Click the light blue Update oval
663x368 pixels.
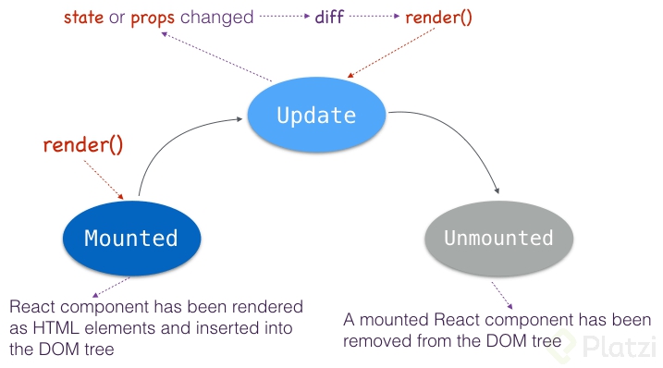[316, 116]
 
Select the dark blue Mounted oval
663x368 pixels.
[130, 238]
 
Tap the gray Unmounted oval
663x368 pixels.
[498, 238]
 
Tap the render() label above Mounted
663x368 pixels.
[83, 145]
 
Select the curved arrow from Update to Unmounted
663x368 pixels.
[462, 139]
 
